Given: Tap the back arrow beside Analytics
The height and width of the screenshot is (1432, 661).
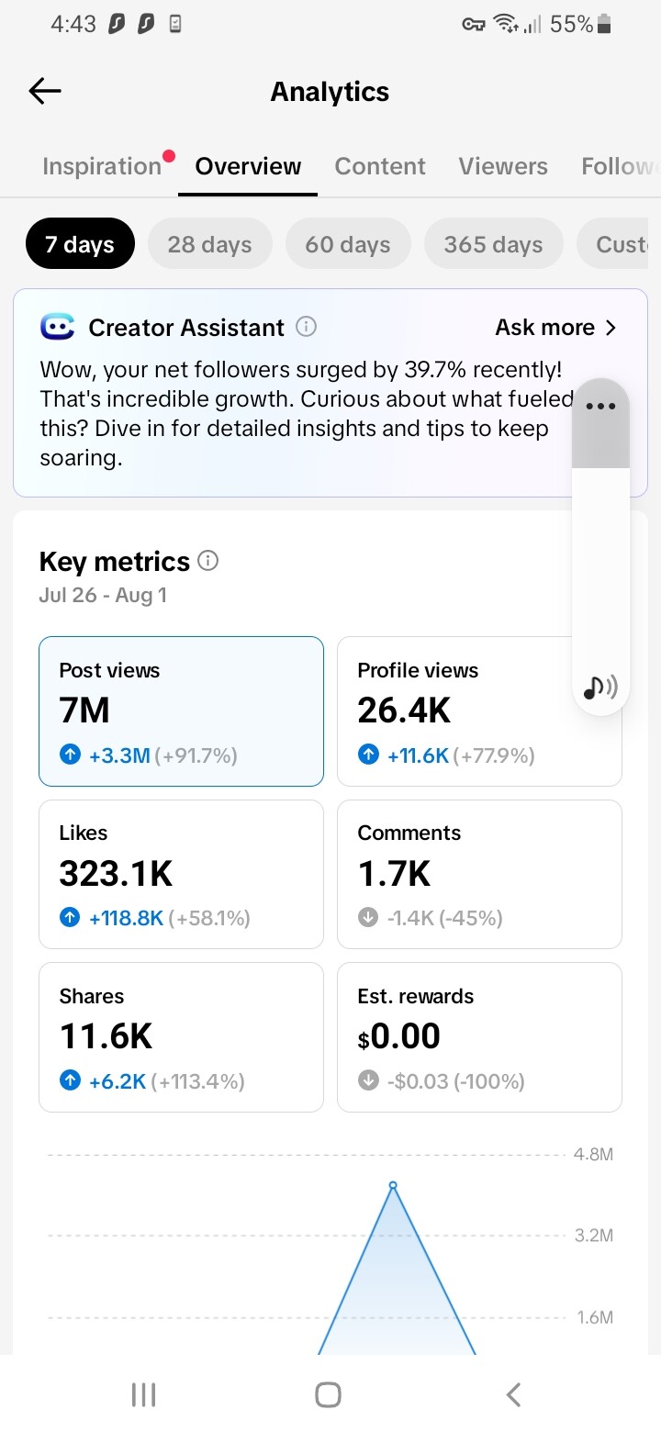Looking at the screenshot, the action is click(x=45, y=91).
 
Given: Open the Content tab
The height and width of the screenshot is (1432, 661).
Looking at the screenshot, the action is click(x=380, y=166).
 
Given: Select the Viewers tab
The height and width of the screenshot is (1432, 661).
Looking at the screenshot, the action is click(x=503, y=166).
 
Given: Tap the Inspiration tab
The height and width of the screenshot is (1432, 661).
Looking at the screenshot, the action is click(x=102, y=166).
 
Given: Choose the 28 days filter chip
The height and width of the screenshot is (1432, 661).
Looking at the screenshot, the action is click(x=209, y=243).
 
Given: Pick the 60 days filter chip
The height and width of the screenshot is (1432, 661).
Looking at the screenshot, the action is click(x=348, y=243).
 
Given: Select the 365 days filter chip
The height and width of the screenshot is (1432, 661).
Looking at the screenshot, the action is click(x=494, y=243).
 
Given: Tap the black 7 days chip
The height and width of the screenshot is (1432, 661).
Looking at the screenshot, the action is click(x=80, y=243).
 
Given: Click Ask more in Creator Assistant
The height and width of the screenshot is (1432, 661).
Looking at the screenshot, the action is click(x=555, y=328).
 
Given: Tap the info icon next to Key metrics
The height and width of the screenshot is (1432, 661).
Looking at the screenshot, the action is click(x=207, y=561).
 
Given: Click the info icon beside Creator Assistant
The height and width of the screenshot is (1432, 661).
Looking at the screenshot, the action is click(x=307, y=327).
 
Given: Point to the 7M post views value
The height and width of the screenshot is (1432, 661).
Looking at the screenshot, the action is click(x=84, y=710).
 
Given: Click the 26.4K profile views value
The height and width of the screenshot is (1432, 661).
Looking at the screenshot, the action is click(x=404, y=710).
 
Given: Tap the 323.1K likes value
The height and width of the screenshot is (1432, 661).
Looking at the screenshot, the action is click(x=116, y=873).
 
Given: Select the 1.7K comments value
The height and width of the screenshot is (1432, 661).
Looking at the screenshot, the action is click(x=395, y=873).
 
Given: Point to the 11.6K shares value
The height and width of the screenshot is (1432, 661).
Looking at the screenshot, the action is click(x=106, y=1036).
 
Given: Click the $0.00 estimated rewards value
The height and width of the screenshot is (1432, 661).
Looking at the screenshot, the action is click(x=399, y=1036).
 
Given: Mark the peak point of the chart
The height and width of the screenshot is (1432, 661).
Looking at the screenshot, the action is click(x=393, y=1185).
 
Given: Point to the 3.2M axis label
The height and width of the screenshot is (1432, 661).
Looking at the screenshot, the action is click(x=594, y=1236).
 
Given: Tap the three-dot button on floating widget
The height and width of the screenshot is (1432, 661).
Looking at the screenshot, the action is click(x=600, y=406).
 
